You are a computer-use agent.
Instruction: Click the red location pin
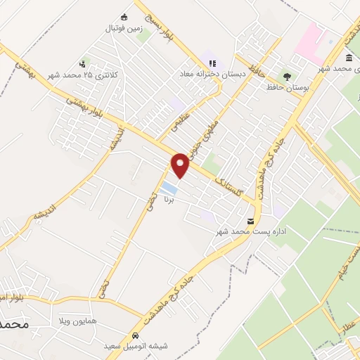tap(181, 165)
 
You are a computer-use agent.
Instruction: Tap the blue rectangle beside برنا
tap(169, 188)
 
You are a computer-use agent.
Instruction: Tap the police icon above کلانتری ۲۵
tap(86, 63)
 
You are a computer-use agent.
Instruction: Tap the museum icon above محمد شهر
tap(349, 58)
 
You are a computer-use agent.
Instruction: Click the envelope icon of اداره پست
tap(252, 221)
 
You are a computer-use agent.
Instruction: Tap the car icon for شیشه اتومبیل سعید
tap(134, 335)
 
